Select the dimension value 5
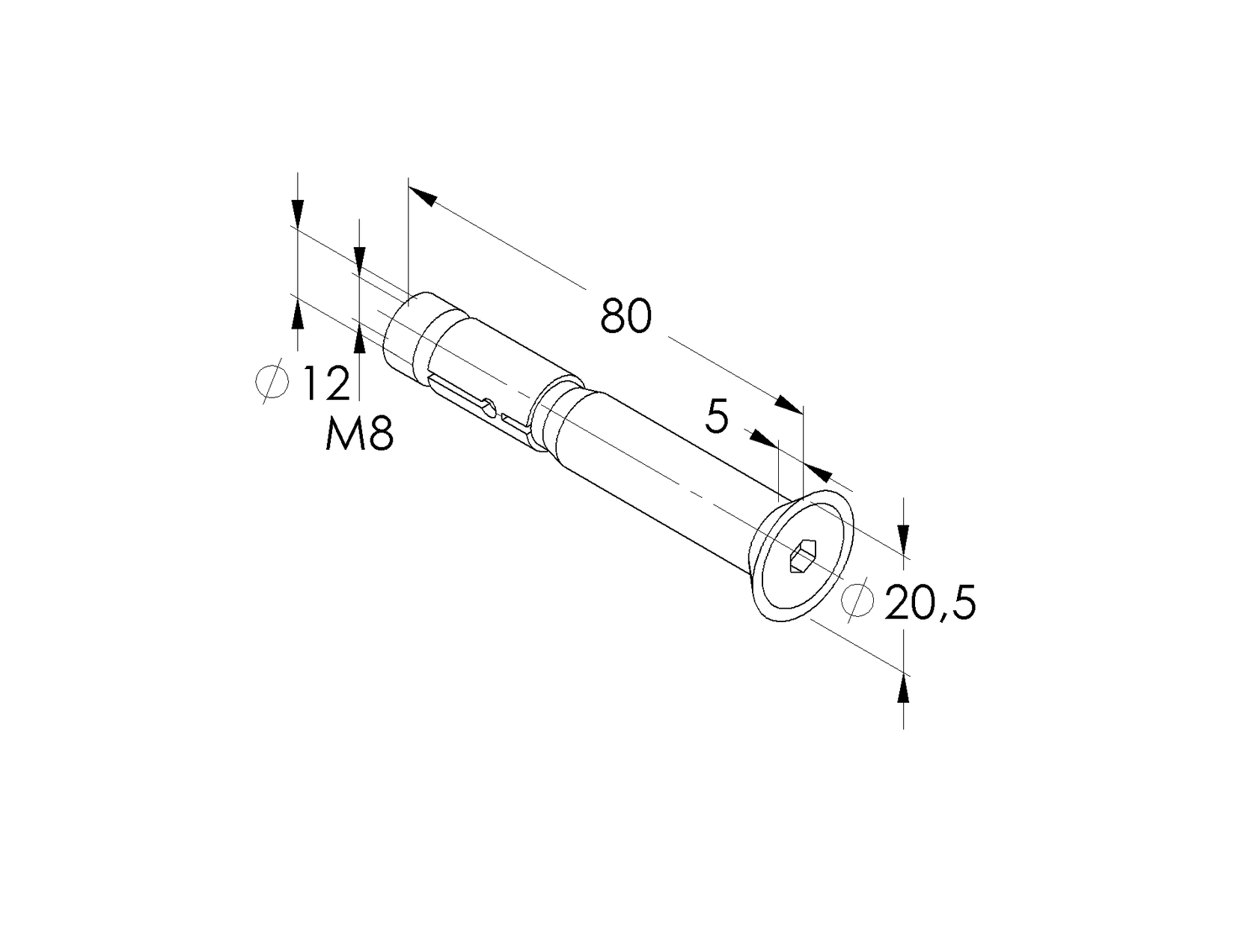[x=717, y=417]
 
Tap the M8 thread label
[x=359, y=435]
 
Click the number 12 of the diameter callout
[x=326, y=383]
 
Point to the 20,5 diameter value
[x=930, y=604]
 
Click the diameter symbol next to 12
[x=272, y=382]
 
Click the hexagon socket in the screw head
[x=804, y=558]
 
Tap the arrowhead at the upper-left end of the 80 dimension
[x=423, y=195]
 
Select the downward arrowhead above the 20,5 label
[x=904, y=535]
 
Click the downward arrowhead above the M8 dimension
[x=360, y=258]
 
